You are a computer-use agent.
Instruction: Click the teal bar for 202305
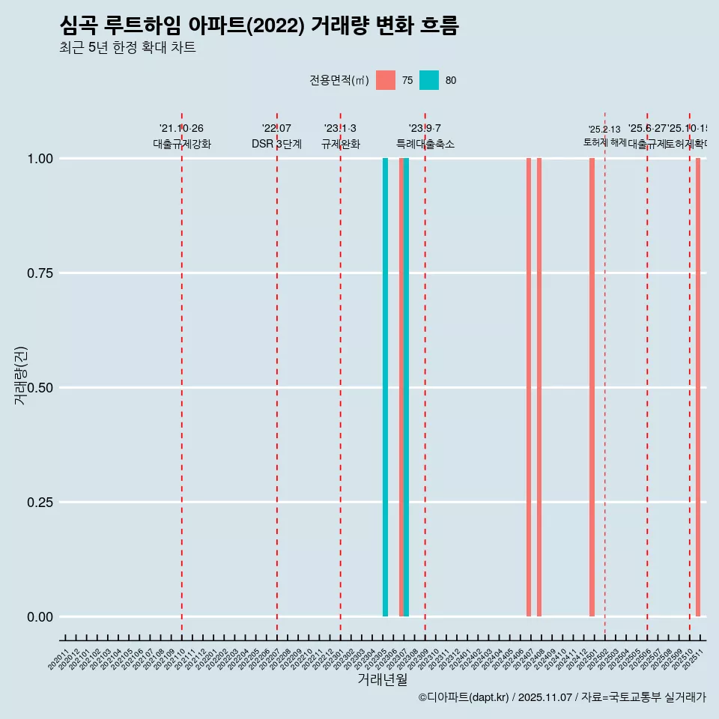(x=385, y=387)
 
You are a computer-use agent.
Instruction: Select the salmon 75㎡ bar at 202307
(x=401, y=387)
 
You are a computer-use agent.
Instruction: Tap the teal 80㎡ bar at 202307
(x=407, y=387)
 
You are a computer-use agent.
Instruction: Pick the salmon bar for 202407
(x=529, y=387)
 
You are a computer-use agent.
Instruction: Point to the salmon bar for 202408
(x=539, y=387)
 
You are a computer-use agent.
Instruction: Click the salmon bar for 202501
(x=592, y=387)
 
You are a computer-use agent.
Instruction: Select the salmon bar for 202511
(x=698, y=387)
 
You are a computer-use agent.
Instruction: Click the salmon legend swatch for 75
(x=386, y=80)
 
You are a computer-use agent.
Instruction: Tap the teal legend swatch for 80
(x=429, y=80)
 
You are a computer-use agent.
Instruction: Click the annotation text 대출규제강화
(x=182, y=144)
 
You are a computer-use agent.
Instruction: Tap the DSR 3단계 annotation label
(x=276, y=144)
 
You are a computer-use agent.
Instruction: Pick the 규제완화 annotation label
(x=341, y=144)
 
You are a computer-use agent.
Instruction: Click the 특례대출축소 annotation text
(x=425, y=144)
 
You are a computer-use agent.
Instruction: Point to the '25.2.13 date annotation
(x=604, y=130)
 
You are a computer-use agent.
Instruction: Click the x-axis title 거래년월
(x=383, y=680)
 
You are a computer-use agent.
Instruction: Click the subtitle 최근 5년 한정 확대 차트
(x=127, y=48)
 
